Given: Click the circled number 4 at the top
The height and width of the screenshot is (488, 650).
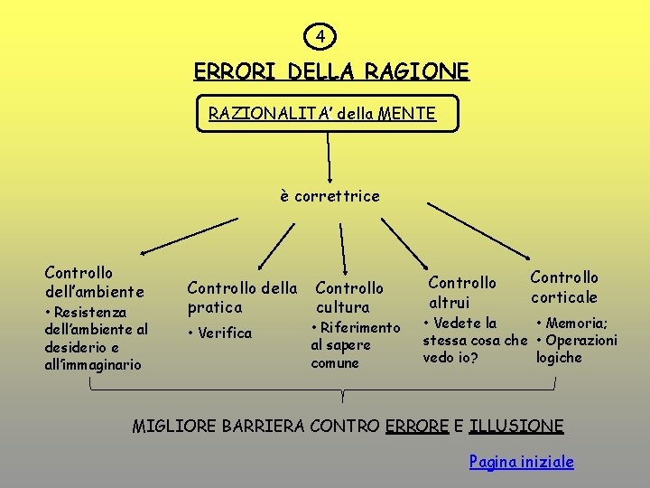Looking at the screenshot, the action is (x=322, y=37).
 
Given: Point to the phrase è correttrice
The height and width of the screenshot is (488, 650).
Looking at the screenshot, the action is (x=330, y=195).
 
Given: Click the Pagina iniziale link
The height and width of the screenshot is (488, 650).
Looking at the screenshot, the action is (x=521, y=462).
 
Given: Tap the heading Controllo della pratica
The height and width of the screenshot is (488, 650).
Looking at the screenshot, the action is (x=241, y=297).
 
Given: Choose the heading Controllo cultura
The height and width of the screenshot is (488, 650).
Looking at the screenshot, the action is (x=349, y=297).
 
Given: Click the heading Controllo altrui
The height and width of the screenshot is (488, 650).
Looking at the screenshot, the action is (x=461, y=292).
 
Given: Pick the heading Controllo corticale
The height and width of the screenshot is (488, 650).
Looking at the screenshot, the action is (x=564, y=286).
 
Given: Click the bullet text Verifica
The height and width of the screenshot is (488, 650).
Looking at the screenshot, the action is (x=225, y=333).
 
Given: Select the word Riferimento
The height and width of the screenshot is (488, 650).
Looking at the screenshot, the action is (x=359, y=327).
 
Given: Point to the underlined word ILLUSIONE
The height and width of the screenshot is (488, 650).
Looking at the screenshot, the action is (x=516, y=426).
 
